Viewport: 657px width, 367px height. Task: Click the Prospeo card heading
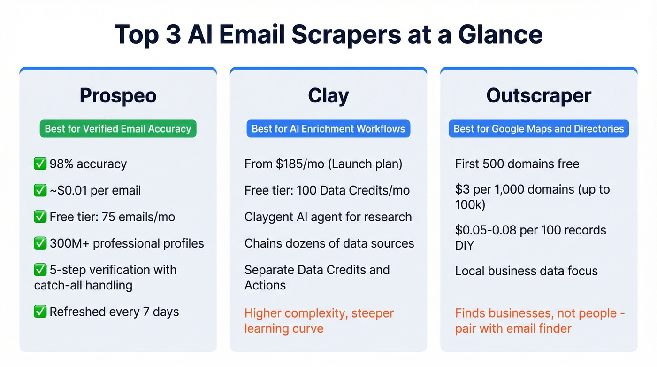pyautogui.click(x=118, y=95)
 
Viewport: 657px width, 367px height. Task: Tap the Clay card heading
pyautogui.click(x=328, y=95)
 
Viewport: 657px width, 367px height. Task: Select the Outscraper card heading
pyautogui.click(x=539, y=95)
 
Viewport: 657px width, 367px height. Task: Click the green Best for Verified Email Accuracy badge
pyautogui.click(x=118, y=129)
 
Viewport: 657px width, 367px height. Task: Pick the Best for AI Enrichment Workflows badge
pyautogui.click(x=328, y=129)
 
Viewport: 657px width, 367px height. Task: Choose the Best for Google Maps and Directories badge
pyautogui.click(x=539, y=129)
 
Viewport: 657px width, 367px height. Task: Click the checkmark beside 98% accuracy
pyautogui.click(x=40, y=164)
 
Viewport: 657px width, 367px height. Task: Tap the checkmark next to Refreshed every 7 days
pyautogui.click(x=40, y=312)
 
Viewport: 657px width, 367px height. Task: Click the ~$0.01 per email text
pyautogui.click(x=95, y=190)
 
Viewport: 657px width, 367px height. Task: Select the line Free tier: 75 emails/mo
pyautogui.click(x=112, y=217)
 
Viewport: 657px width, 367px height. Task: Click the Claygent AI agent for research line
pyautogui.click(x=328, y=217)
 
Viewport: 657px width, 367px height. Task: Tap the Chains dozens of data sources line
pyautogui.click(x=329, y=243)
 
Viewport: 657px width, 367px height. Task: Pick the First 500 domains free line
pyautogui.click(x=517, y=164)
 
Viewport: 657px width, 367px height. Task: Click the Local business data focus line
pyautogui.click(x=526, y=271)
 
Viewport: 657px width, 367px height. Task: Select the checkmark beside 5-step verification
pyautogui.click(x=40, y=270)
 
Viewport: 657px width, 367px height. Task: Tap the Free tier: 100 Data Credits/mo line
pyautogui.click(x=327, y=190)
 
